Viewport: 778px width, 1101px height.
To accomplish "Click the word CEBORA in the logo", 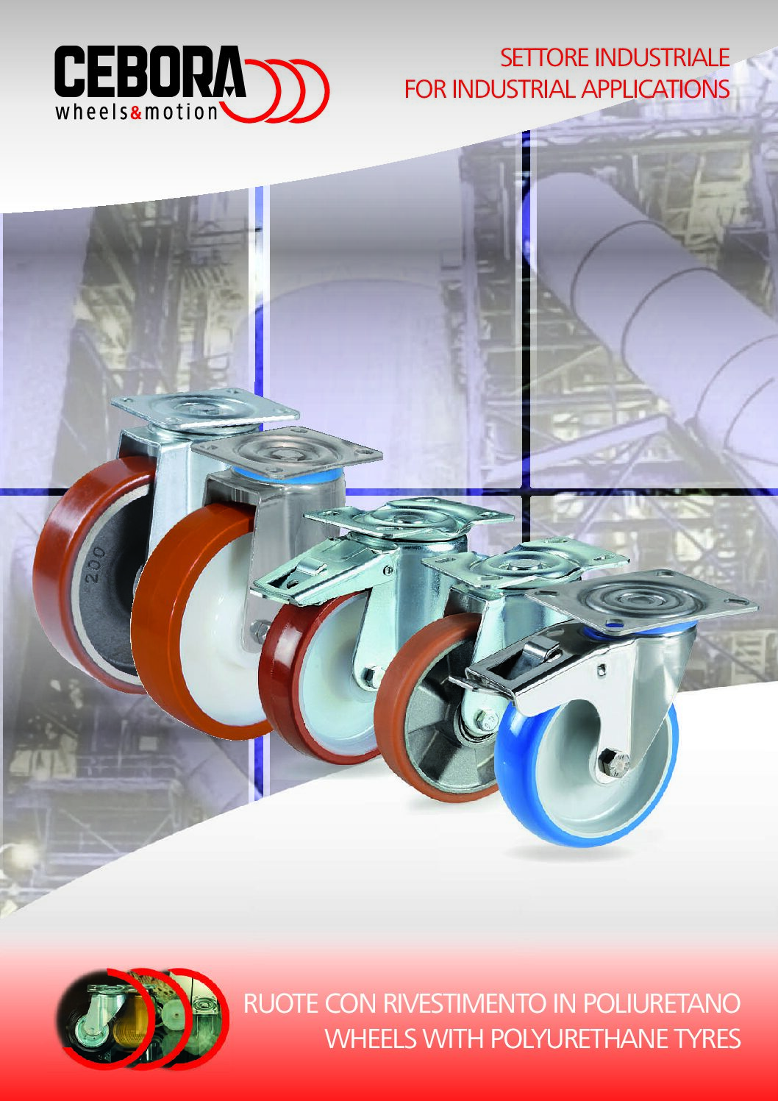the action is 150,72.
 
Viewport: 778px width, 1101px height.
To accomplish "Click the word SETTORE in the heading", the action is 545,58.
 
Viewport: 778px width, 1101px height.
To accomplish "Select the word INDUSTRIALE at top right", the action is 662,58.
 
